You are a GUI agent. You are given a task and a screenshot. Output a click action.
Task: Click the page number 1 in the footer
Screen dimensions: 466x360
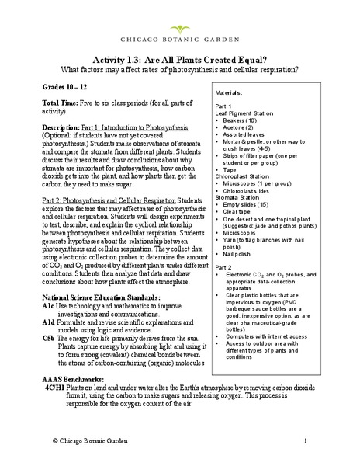click(328, 440)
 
